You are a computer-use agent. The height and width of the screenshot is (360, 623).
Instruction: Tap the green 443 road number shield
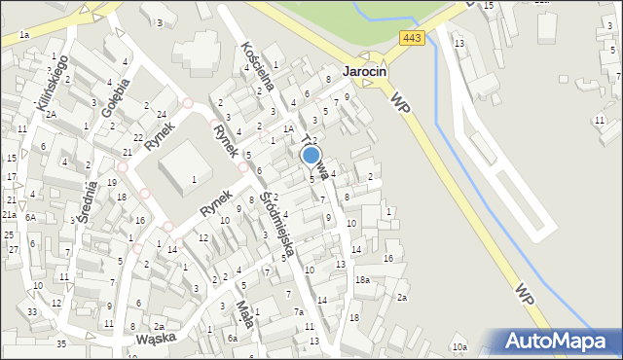click(x=409, y=37)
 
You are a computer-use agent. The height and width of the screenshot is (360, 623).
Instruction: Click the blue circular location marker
click(x=311, y=155)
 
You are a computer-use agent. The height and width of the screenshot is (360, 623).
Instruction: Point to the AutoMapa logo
click(x=557, y=342)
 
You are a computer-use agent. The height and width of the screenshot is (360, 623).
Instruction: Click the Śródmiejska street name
click(x=278, y=223)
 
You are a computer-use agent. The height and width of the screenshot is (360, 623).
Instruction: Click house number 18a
click(x=362, y=279)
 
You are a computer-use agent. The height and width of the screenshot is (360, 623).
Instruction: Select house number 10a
click(x=459, y=347)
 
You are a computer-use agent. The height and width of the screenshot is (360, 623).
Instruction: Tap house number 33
click(x=32, y=311)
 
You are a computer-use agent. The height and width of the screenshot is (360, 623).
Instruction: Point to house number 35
click(x=61, y=344)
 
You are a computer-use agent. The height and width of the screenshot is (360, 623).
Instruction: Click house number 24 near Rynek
click(x=161, y=115)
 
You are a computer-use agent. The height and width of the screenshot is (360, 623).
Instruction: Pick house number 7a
click(x=300, y=311)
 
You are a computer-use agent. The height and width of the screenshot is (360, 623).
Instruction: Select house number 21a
click(x=9, y=214)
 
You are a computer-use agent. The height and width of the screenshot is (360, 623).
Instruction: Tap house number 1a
click(x=23, y=35)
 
